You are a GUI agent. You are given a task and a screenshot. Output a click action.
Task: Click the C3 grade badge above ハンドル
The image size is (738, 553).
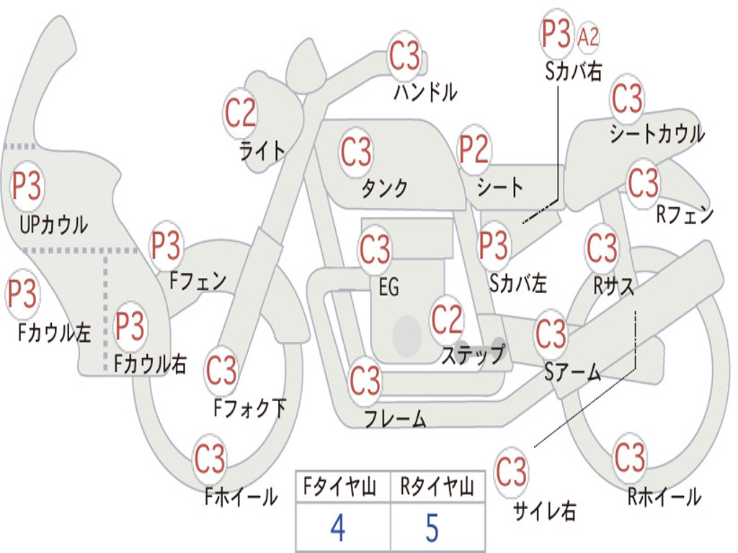point(405,56)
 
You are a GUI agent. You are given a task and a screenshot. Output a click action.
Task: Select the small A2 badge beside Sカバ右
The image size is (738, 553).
point(589,37)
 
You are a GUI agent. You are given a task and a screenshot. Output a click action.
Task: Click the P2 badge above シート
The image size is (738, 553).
point(474,150)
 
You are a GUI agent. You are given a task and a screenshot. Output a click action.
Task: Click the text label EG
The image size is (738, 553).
point(388,287)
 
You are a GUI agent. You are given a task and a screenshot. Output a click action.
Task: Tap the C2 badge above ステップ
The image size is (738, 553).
point(447,320)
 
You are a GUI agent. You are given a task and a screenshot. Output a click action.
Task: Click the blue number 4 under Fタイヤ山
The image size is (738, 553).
point(337,528)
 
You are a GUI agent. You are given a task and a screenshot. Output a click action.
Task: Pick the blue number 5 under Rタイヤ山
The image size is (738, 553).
point(432,528)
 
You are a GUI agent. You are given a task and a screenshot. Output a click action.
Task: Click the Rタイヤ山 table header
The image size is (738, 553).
point(437,488)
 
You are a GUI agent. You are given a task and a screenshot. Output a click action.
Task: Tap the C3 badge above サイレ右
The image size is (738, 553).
point(512,472)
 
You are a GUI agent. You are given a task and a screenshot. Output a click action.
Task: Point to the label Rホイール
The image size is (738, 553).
point(664,497)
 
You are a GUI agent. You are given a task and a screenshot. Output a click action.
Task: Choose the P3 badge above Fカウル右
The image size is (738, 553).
point(130,326)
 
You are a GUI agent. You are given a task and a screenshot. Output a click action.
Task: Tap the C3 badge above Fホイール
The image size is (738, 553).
point(210,458)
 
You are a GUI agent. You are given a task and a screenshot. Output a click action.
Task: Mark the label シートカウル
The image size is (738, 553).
point(657,135)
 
